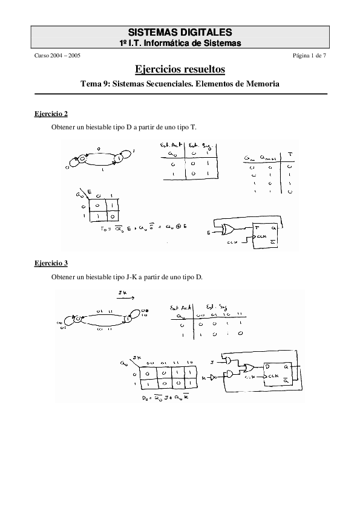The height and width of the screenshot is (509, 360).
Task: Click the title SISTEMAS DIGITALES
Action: pyautogui.click(x=180, y=32)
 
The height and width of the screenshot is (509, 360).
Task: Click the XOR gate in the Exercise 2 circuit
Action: pyautogui.click(x=229, y=230)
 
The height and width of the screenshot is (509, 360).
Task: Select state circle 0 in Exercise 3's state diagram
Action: pyautogui.click(x=78, y=319)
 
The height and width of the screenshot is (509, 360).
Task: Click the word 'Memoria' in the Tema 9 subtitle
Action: pyautogui.click(x=261, y=85)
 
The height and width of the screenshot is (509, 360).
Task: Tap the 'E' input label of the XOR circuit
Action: pyautogui.click(x=209, y=232)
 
